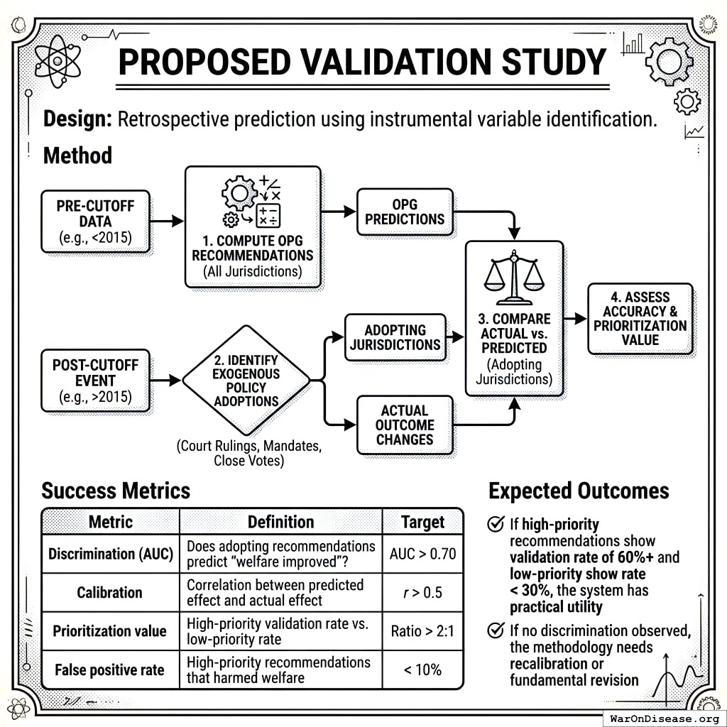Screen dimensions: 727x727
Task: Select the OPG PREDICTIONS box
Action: [x=404, y=212]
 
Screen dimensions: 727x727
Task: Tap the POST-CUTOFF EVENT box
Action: [x=95, y=381]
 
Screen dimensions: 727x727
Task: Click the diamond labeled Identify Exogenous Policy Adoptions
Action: [x=246, y=381]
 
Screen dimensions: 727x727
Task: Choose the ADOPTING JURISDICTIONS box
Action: [x=395, y=338]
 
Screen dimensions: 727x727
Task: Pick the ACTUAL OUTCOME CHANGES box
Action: [x=404, y=425]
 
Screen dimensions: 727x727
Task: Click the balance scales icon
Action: [x=512, y=278]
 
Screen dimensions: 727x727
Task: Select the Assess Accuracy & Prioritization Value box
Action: [x=640, y=319]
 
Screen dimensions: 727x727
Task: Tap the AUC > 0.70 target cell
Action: [x=422, y=554]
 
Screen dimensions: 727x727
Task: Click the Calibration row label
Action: [x=110, y=592]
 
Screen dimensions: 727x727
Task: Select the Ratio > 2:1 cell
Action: [x=422, y=630]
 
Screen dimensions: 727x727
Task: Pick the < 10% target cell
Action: [x=422, y=669]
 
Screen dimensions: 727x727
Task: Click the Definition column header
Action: [x=280, y=523]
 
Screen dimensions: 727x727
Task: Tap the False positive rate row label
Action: [x=110, y=669]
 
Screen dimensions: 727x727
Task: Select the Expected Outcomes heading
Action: [x=579, y=491]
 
